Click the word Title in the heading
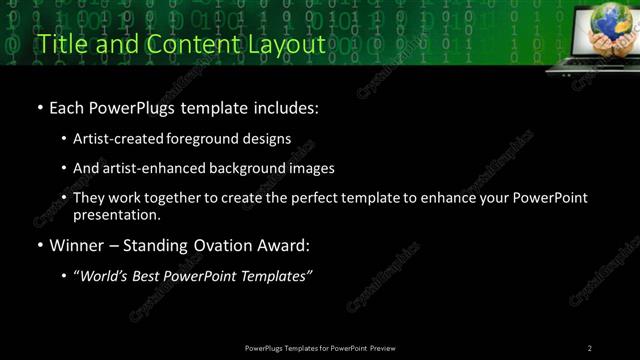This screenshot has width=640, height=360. (59, 44)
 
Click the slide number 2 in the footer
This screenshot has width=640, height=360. (590, 348)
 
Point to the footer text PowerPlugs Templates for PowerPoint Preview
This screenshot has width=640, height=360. (320, 348)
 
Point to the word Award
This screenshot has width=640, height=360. (291, 245)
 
